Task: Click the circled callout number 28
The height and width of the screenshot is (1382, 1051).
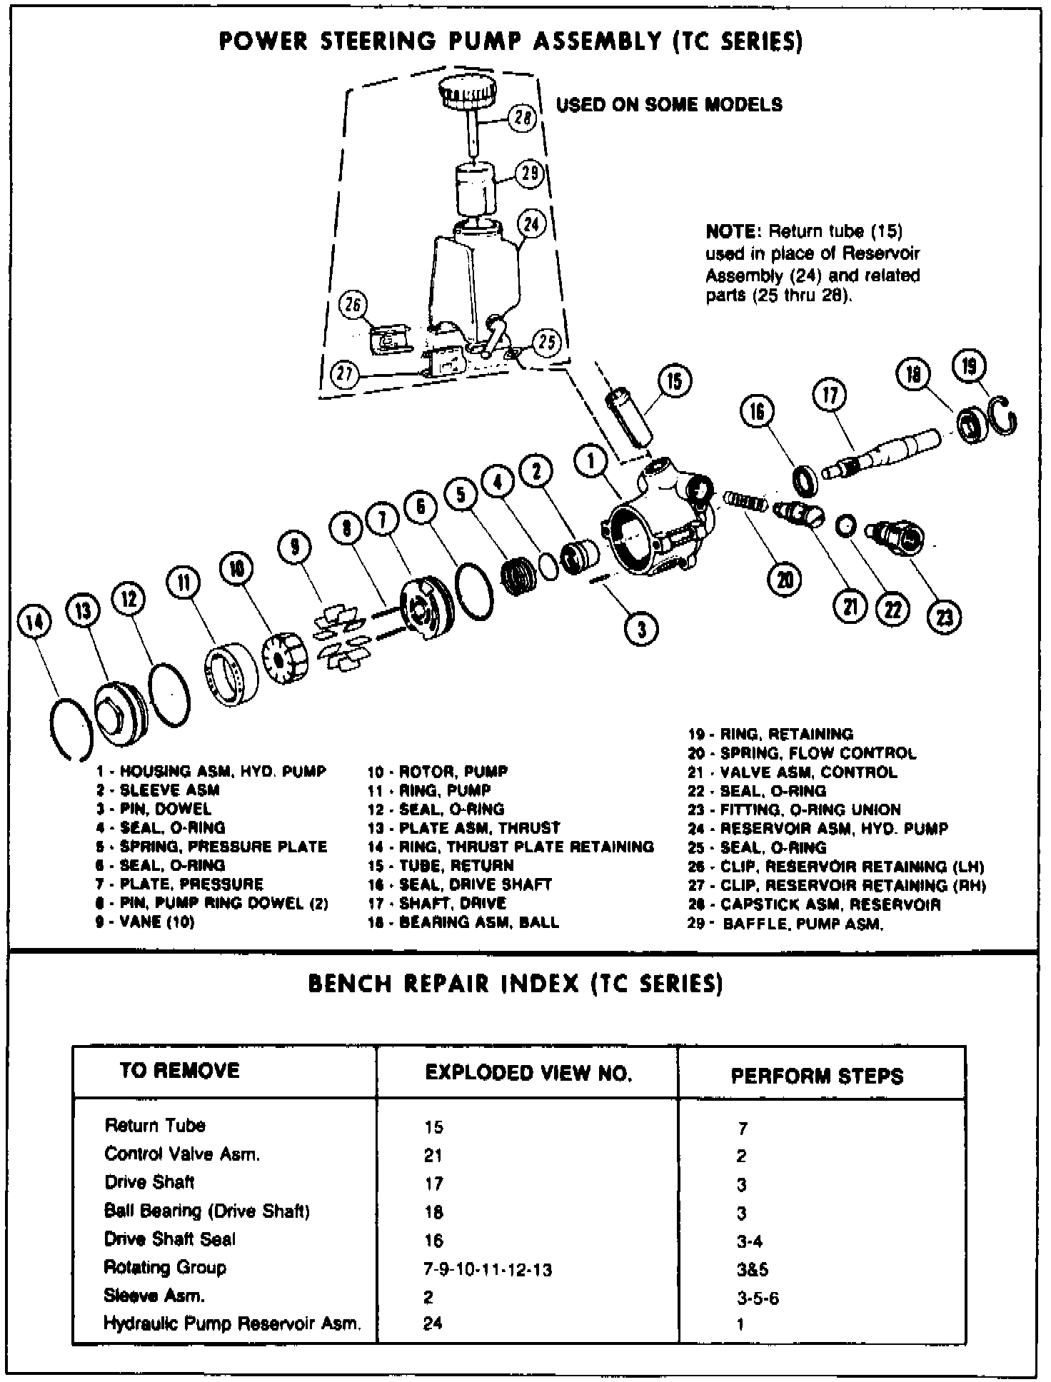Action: [x=523, y=118]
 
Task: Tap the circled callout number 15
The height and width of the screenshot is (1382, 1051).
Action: [x=673, y=381]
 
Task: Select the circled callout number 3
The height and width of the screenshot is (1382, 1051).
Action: [x=640, y=628]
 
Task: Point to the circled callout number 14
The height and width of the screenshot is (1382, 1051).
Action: [x=34, y=622]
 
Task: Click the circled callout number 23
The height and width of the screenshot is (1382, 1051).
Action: [x=944, y=616]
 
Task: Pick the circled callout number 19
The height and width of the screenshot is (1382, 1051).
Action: [x=969, y=366]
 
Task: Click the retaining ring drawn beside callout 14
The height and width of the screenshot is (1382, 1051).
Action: [x=71, y=727]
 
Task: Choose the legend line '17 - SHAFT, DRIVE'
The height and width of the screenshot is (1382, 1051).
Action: [x=438, y=903]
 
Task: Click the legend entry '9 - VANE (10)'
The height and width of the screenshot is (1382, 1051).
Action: [x=146, y=922]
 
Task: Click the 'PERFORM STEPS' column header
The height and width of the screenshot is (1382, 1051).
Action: [x=817, y=1076]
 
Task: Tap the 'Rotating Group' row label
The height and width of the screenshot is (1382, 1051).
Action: [x=165, y=1267]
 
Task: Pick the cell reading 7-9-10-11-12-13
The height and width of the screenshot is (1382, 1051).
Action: [x=488, y=1270]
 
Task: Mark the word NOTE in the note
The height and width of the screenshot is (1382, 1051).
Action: [x=730, y=231]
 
